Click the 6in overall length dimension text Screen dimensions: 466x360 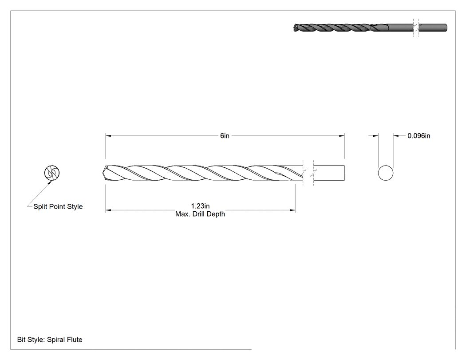pos(225,136)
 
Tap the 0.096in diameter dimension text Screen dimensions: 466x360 pos(419,136)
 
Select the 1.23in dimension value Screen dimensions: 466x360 pos(200,206)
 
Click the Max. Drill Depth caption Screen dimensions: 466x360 pos(200,214)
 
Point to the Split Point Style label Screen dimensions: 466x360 pos(58,206)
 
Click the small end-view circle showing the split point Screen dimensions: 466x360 pos(52,173)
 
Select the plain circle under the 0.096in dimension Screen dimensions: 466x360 pos(386,173)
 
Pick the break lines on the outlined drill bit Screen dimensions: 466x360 pos(308,173)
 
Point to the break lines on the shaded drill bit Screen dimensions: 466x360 pos(416,28)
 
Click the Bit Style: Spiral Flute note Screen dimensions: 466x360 pos(50,340)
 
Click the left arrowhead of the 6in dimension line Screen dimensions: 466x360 pos(108,136)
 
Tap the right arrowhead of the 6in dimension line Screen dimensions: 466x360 pos(342,136)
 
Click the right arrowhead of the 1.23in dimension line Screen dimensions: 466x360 pos(292,210)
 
